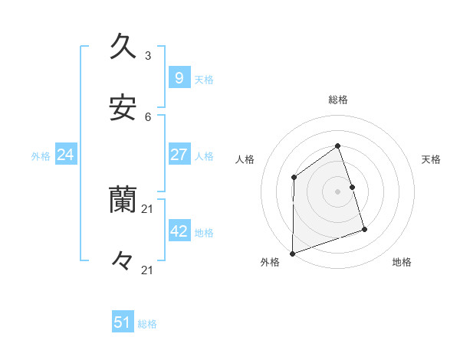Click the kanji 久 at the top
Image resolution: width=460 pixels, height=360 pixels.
(x=123, y=46)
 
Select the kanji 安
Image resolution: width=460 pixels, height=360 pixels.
(x=123, y=107)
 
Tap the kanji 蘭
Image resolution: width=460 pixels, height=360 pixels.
(x=123, y=200)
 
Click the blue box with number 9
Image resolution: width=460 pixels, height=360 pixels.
(x=179, y=77)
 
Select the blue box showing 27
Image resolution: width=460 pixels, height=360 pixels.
(x=179, y=155)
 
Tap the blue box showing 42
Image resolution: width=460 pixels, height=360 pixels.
(x=179, y=231)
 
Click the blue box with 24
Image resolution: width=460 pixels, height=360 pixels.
(x=66, y=155)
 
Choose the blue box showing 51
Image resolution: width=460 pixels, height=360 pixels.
(x=123, y=322)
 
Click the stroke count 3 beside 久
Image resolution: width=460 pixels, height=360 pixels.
(x=148, y=56)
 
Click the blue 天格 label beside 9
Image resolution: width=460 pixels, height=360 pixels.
(x=204, y=79)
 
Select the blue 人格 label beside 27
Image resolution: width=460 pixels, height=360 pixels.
(x=204, y=156)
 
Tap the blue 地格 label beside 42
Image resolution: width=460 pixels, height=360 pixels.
(x=204, y=233)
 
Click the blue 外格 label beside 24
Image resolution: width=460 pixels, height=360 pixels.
(x=41, y=156)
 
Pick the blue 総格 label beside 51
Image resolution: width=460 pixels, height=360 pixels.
(x=147, y=324)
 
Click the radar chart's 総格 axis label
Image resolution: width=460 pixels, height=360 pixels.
(x=338, y=100)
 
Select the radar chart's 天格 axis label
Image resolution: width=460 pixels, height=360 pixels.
(x=432, y=159)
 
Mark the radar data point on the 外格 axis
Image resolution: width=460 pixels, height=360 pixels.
(x=293, y=253)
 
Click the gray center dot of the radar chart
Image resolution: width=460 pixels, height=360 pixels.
(x=338, y=191)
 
